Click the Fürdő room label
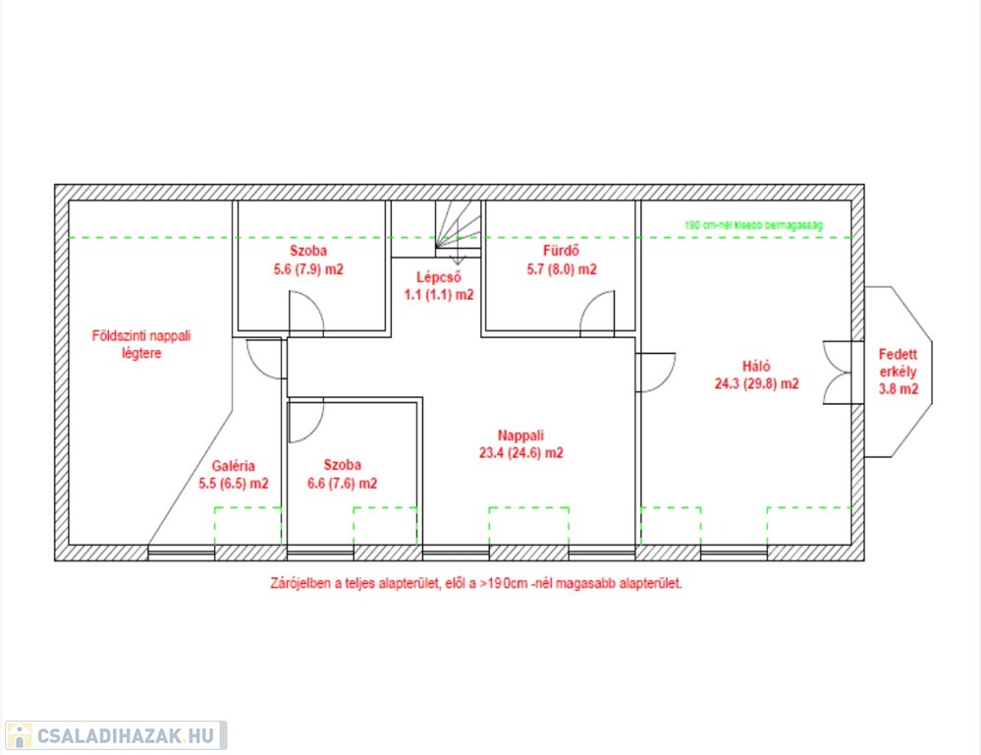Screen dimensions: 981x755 561,251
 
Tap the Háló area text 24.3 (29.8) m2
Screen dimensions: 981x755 756,383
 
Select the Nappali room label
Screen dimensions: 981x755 520,435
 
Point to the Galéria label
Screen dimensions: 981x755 234,466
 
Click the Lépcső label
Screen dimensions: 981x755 439,277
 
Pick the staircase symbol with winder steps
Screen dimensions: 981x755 459,227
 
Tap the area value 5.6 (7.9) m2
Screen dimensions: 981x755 308,269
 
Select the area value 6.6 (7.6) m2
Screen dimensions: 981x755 343,483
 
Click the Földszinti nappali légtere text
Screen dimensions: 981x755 141,344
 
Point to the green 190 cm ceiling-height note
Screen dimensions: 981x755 753,225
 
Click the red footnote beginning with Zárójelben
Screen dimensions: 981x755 476,583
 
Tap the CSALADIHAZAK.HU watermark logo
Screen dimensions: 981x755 116,735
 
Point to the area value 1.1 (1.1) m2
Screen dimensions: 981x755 439,295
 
